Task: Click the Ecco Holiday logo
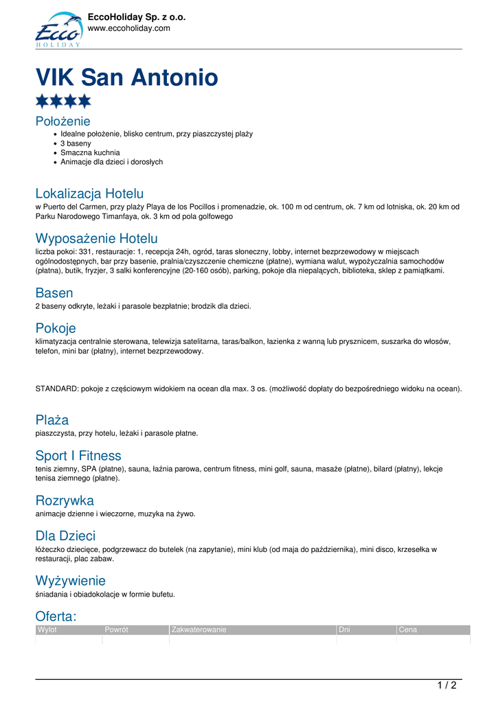pyautogui.click(x=58, y=30)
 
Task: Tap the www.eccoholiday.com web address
pyautogui.click(x=128, y=28)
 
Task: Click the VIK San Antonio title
pyautogui.click(x=126, y=78)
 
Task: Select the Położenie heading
pyautogui.click(x=63, y=122)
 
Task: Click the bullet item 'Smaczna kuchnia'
pyautogui.click(x=90, y=152)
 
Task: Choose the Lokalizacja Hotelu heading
pyautogui.click(x=89, y=194)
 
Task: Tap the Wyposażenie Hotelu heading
pyautogui.click(x=96, y=239)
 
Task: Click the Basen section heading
pyautogui.click(x=54, y=293)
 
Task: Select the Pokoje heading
pyautogui.click(x=56, y=328)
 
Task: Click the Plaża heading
pyautogui.click(x=52, y=420)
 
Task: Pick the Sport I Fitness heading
pyautogui.click(x=78, y=456)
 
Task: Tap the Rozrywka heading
pyautogui.click(x=65, y=500)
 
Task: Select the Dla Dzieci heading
pyautogui.click(x=65, y=536)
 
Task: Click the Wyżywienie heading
pyautogui.click(x=70, y=581)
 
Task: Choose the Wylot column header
pyautogui.click(x=47, y=630)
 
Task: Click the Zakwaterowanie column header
pyautogui.click(x=199, y=630)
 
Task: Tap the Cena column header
pyautogui.click(x=408, y=630)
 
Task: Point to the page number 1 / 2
pyautogui.click(x=446, y=685)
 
